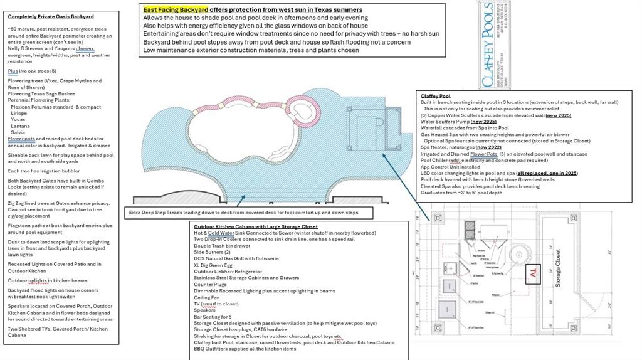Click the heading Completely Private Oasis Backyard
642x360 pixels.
[51, 16]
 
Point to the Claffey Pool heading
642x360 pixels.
[436, 96]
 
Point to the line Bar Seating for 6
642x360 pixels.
[213, 316]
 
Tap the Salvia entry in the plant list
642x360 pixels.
[18, 132]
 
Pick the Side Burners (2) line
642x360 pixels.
[213, 252]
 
